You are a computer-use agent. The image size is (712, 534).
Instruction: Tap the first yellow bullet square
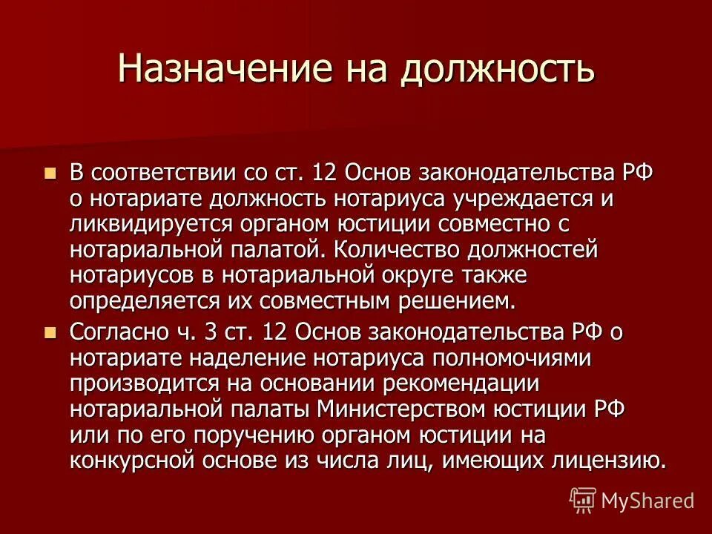50,174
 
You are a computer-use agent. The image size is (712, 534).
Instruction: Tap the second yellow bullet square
50,332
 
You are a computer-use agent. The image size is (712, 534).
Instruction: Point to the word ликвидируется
149,224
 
